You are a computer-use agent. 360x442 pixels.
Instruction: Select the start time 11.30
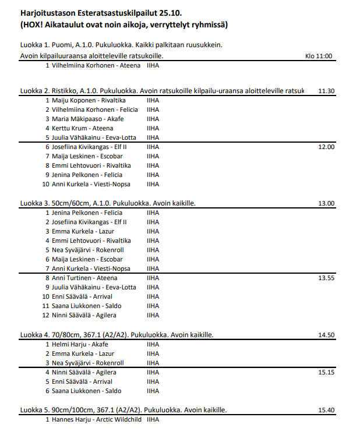pos(326,91)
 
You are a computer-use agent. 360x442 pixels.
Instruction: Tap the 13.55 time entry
pos(326,278)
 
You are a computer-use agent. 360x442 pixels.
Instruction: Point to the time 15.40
pos(326,411)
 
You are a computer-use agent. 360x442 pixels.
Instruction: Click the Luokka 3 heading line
pos(108,204)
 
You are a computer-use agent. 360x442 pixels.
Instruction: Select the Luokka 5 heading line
pos(123,411)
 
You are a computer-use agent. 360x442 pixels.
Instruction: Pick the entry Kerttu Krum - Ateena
pos(82,128)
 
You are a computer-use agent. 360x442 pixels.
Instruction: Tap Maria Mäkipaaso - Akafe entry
pos(87,119)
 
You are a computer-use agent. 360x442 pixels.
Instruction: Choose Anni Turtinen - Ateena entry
pos(84,278)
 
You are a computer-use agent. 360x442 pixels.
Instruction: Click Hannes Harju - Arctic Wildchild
pos(96,419)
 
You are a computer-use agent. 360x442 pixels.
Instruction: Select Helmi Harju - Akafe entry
pos(80,344)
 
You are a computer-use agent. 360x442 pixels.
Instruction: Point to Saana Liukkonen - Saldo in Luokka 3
pos(86,306)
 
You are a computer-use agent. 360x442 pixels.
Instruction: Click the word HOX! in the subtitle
pos(36,25)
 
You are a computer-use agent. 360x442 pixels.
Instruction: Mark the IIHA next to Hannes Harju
pos(153,419)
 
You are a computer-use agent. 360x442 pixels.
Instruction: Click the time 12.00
pos(326,147)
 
